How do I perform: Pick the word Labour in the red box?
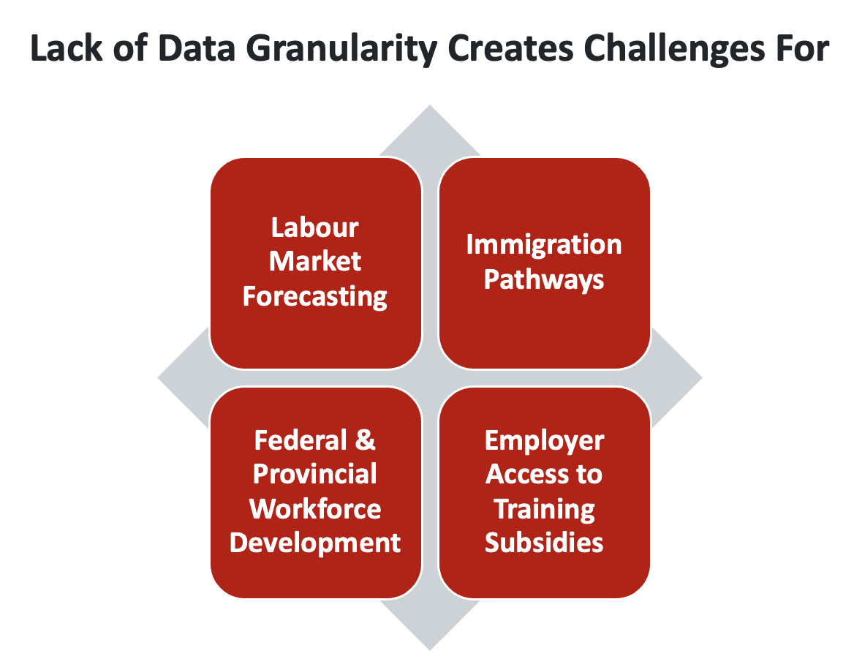[315, 227]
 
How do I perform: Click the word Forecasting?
[315, 296]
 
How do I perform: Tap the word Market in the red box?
[315, 262]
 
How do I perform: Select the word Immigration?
[544, 244]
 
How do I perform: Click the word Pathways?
[544, 279]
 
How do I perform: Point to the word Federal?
[300, 440]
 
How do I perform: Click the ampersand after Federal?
[366, 440]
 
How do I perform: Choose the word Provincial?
[315, 475]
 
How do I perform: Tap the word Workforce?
[315, 509]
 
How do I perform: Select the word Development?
[315, 543]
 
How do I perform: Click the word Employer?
[544, 440]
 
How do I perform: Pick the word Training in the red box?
[544, 509]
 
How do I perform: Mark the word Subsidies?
[544, 543]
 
